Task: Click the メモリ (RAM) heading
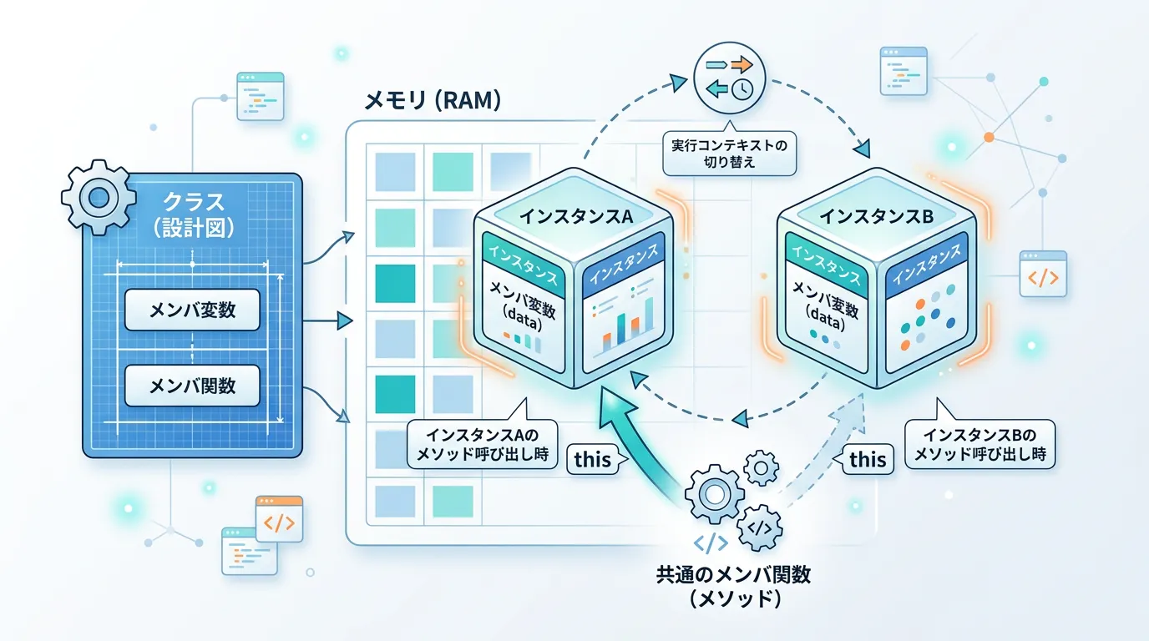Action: [433, 102]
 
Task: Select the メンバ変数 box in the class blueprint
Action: [192, 310]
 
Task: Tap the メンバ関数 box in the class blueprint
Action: [192, 386]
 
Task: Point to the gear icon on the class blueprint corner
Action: [99, 197]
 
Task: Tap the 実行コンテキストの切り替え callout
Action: [729, 153]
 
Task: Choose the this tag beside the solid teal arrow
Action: [593, 457]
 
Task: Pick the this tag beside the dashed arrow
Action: [867, 458]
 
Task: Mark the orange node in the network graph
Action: [989, 136]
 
